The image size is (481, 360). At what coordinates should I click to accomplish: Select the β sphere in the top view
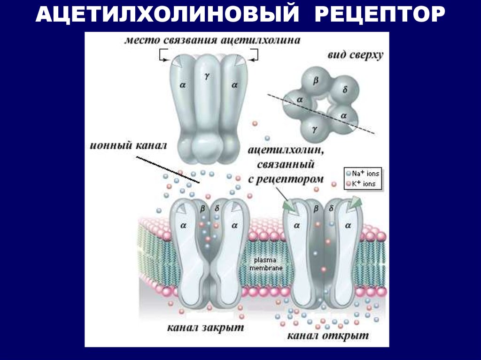point(316,81)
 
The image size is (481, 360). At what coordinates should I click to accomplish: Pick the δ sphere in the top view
point(345,89)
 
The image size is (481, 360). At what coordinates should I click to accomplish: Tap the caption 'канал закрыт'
point(205,327)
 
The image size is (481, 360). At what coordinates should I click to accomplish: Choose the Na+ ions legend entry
point(365,174)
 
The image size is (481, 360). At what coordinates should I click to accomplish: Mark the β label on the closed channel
point(203,207)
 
